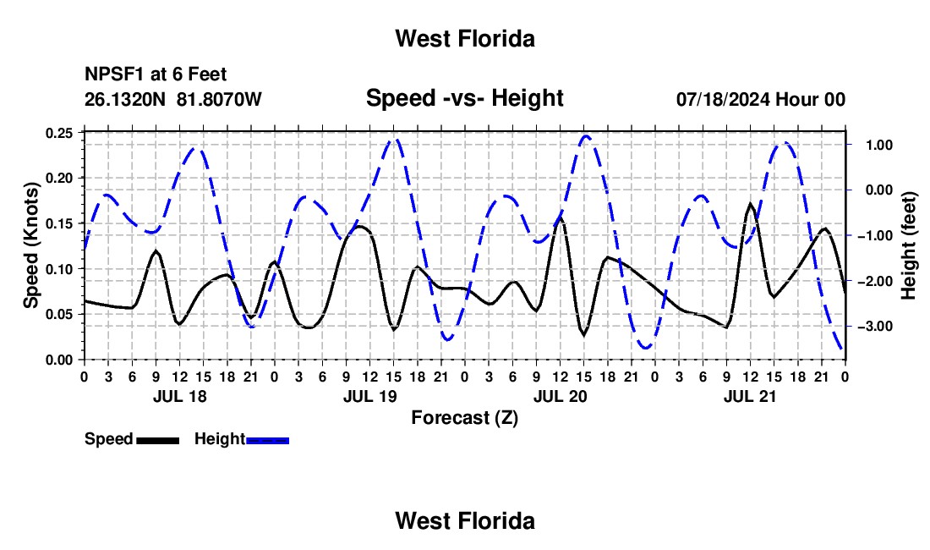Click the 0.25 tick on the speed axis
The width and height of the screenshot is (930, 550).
(58, 134)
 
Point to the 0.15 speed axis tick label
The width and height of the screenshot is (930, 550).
(58, 224)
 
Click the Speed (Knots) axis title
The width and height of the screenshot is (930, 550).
(30, 245)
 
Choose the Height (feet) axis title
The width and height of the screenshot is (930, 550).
(908, 245)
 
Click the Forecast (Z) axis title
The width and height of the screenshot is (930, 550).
(464, 418)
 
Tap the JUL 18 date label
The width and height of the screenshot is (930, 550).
(180, 397)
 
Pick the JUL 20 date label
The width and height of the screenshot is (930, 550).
(560, 397)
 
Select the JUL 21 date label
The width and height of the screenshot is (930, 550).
(750, 397)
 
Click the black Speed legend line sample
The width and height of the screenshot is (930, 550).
(158, 441)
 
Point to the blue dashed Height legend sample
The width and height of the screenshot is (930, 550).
(267, 441)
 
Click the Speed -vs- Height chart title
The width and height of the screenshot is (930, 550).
(464, 98)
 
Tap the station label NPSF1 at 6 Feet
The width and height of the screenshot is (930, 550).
(156, 74)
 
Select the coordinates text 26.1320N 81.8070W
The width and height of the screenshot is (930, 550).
(172, 99)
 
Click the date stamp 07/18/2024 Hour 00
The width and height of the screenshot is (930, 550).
(760, 99)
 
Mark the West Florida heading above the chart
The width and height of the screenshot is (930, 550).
(465, 39)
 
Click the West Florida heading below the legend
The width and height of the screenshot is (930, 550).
(465, 521)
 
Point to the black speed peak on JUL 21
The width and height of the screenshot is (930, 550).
(750, 204)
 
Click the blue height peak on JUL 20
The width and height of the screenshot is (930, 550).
(585, 136)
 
